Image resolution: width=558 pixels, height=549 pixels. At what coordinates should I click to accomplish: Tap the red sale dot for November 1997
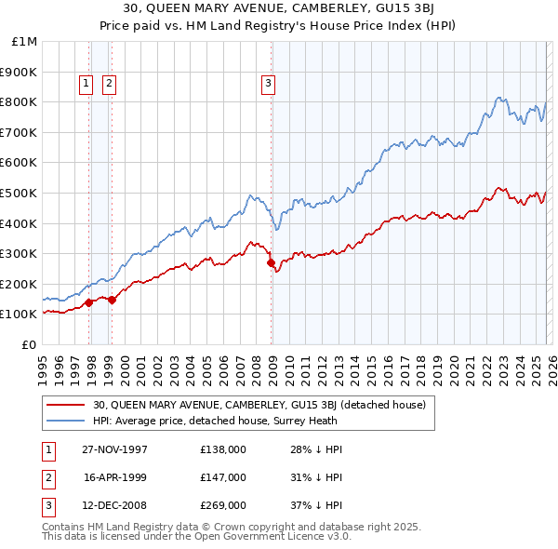(x=89, y=302)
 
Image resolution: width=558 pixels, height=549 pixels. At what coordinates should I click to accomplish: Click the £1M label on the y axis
(x=25, y=41)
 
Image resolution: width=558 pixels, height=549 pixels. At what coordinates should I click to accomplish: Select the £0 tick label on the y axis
(x=30, y=344)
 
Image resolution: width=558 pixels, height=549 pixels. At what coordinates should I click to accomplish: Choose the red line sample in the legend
(x=66, y=405)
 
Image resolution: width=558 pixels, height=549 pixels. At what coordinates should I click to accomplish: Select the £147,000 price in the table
(x=222, y=477)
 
